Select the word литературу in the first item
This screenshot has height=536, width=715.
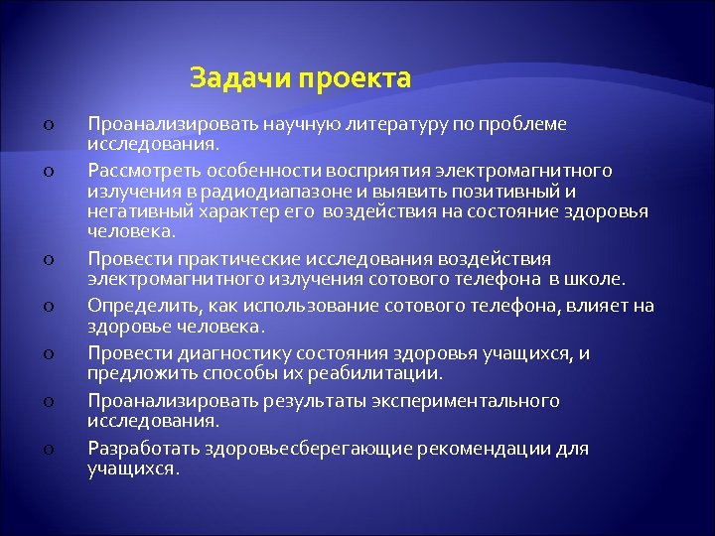point(395,124)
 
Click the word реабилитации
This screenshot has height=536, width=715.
point(391,373)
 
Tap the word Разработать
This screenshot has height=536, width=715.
point(143,449)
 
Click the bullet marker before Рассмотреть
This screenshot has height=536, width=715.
point(47,173)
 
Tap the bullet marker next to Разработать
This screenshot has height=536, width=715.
point(47,450)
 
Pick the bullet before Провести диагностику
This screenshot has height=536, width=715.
point(47,354)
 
